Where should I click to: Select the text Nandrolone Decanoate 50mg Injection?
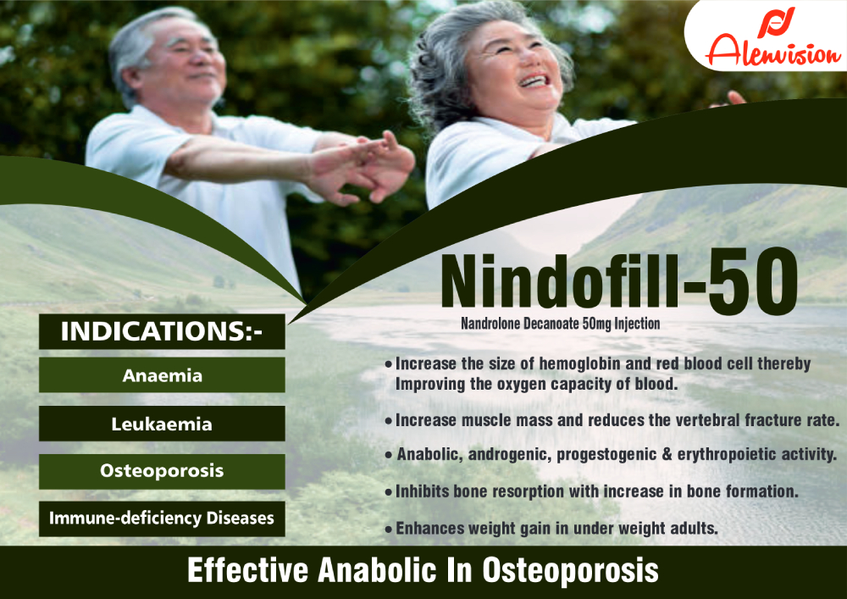pyautogui.click(x=560, y=324)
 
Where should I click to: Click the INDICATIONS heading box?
pyautogui.click(x=162, y=332)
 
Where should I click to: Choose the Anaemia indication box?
pyautogui.click(x=162, y=374)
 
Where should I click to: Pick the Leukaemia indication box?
pyautogui.click(x=162, y=423)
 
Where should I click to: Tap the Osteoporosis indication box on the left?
pyautogui.click(x=162, y=471)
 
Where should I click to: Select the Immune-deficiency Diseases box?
pyautogui.click(x=162, y=519)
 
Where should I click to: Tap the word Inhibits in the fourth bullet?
pyautogui.click(x=422, y=491)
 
